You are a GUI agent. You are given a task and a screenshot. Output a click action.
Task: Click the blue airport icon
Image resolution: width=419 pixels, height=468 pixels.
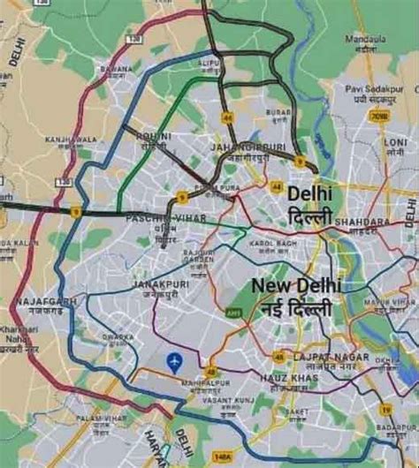[173, 361]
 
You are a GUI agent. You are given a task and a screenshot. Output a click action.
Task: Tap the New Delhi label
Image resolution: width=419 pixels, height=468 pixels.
[296, 286]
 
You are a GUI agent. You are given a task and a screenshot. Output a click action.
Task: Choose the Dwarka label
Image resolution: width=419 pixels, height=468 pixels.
[118, 336]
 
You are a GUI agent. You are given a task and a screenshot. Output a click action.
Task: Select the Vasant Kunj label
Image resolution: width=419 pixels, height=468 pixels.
[228, 400]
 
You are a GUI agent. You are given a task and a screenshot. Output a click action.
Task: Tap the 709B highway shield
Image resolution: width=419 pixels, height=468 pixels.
[378, 116]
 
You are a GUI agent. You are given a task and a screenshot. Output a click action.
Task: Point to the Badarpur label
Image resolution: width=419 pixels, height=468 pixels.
[397, 426]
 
